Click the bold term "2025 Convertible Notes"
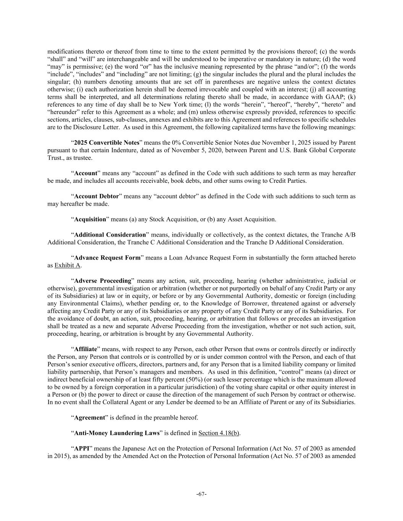click(107, 143)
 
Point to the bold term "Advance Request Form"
click(107, 258)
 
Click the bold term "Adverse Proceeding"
click(103, 281)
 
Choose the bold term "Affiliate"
click(86, 349)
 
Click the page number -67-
click(201, 494)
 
